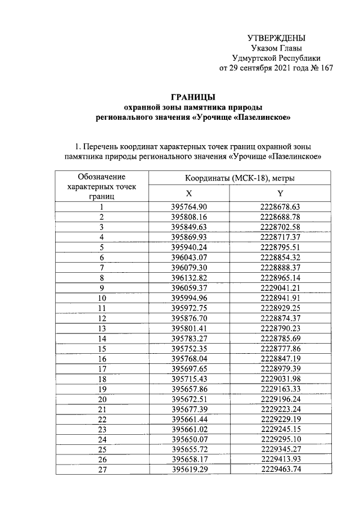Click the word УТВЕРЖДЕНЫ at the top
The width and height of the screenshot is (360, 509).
click(x=277, y=38)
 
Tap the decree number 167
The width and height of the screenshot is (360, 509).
click(x=326, y=68)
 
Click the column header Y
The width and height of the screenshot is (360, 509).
click(x=280, y=192)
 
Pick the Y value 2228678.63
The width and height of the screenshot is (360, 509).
click(x=280, y=207)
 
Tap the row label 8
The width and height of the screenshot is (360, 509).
click(x=102, y=278)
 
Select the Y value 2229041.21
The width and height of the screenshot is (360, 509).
click(x=280, y=288)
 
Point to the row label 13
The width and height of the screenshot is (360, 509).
click(x=102, y=328)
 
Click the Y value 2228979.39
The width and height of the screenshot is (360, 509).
click(x=280, y=369)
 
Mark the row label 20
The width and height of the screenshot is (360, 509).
click(x=102, y=399)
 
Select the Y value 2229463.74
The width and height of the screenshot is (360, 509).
click(x=280, y=470)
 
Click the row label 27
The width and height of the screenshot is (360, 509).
click(x=102, y=470)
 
